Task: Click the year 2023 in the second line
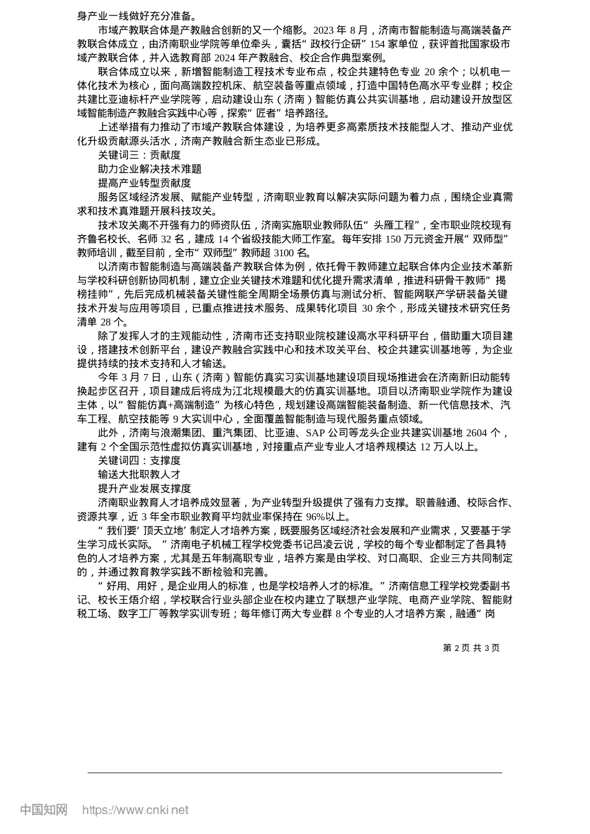coord(324,30)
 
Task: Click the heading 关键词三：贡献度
coord(139,155)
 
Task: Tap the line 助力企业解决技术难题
coord(150,169)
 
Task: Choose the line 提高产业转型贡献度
coord(144,183)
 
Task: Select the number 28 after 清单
coord(107,322)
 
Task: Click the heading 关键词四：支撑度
coord(139,460)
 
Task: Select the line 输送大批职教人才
coord(139,475)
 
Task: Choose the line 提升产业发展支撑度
coord(144,488)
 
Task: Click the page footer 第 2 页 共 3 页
coord(471,648)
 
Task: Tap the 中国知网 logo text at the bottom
coord(43,810)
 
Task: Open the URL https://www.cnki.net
coord(135,810)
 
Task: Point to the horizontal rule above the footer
coord(295,773)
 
